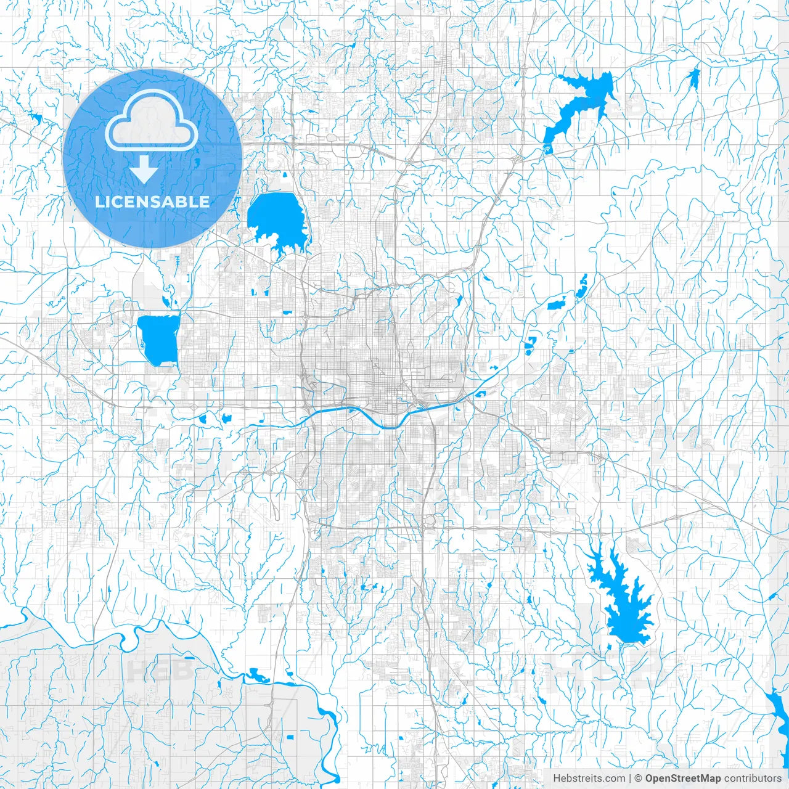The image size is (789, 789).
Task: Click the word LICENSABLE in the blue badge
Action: coord(152,202)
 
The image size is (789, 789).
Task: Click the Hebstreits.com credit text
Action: coord(589,778)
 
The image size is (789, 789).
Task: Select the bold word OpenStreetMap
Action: coord(683,778)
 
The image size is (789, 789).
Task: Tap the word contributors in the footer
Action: coord(753,778)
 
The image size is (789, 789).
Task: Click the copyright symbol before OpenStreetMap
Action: coord(639,778)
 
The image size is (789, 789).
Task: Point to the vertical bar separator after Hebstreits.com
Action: coord(629,778)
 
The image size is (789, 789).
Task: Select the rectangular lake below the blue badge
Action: coord(158,340)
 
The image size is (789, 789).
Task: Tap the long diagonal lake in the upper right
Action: coord(579,105)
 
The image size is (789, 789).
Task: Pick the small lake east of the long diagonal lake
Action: coord(694,77)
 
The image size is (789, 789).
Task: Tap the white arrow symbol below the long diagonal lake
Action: coord(546,149)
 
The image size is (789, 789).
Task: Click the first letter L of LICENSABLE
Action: coord(99,202)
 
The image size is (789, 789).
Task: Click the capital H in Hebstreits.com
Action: coord(557,778)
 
